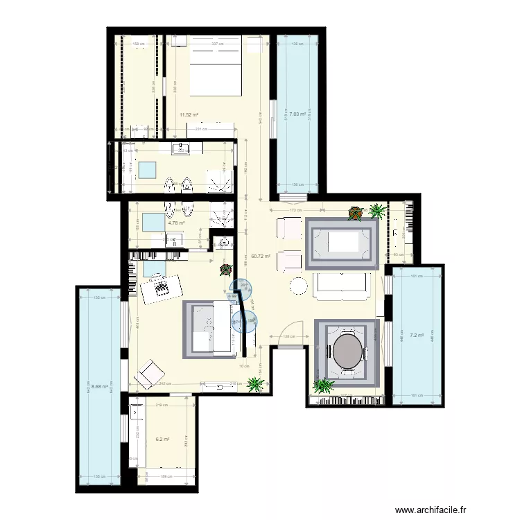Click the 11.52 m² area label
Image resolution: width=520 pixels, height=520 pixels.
187,115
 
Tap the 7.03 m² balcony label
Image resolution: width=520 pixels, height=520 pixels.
297,114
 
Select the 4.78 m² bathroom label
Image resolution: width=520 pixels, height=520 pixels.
175,223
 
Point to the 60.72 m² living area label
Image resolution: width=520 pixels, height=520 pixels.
261,256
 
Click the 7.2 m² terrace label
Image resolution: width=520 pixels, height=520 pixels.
416,336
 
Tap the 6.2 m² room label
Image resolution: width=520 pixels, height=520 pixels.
162,439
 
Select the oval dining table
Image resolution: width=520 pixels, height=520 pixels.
348,352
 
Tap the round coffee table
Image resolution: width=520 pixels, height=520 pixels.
299,286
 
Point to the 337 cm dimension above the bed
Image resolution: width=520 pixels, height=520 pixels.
216,44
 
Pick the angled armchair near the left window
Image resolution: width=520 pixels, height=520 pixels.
148,374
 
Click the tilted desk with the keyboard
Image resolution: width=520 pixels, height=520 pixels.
162,286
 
